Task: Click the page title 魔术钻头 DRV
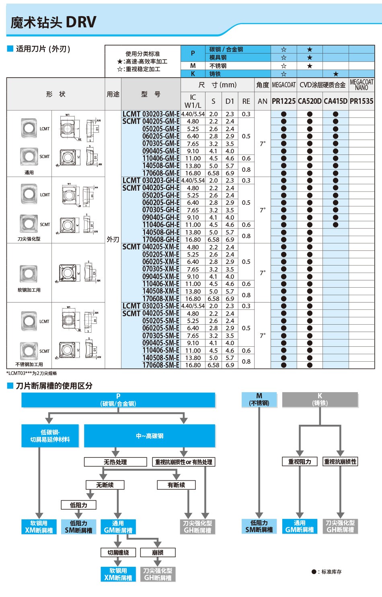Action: click(x=53, y=23)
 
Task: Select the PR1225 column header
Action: click(x=283, y=101)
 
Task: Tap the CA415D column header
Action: click(x=335, y=101)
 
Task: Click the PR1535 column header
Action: click(x=361, y=101)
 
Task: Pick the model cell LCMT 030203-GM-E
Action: click(x=151, y=114)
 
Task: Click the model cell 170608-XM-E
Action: click(x=161, y=299)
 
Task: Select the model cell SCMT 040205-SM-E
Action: click(x=151, y=313)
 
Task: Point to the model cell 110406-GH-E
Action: click(x=161, y=225)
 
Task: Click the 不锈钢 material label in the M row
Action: click(x=218, y=66)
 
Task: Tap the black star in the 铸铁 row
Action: click(x=336, y=74)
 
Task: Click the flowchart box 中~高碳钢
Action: click(x=150, y=436)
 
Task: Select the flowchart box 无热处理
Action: click(x=115, y=462)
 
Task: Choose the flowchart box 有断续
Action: click(x=176, y=485)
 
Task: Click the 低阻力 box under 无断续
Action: click(x=78, y=505)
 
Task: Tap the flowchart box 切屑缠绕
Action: click(x=118, y=552)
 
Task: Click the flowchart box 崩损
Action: click(x=158, y=552)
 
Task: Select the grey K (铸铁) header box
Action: click(x=320, y=399)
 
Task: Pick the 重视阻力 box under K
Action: click(x=300, y=461)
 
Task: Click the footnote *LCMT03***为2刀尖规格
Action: click(x=32, y=373)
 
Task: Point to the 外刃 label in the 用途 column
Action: click(x=113, y=239)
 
